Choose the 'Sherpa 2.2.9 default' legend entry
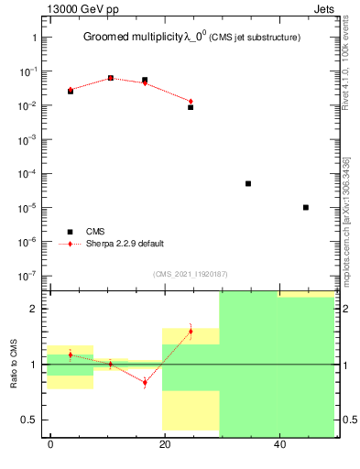125,244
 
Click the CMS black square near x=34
248,183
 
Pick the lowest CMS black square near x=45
305,207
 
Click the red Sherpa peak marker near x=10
110,78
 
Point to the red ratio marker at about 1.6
191,331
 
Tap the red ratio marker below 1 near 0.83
145,382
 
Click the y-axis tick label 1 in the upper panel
35,38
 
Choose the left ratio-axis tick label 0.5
30,420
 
